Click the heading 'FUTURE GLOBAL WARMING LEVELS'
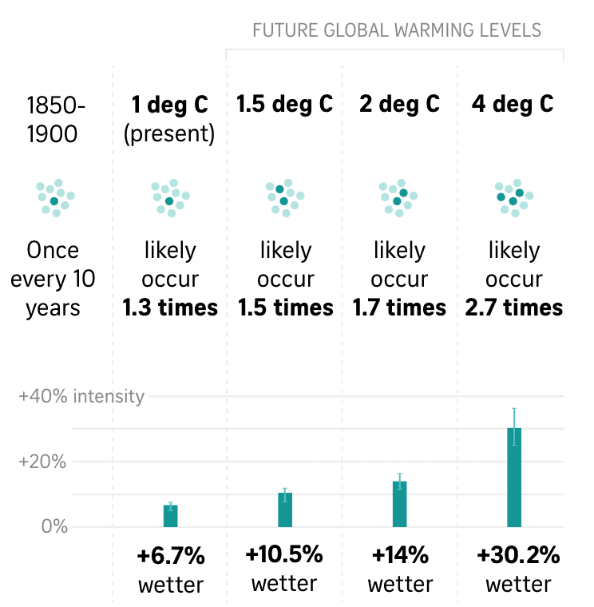397,31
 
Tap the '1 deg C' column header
169,105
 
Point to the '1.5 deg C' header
284,105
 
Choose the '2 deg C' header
399,105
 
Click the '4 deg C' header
513,105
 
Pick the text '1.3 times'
170,308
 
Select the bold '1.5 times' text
285,308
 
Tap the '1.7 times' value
399,308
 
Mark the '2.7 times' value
514,308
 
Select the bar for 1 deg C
170,515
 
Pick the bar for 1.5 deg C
285,509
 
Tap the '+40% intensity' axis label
81,396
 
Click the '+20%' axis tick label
44,462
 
